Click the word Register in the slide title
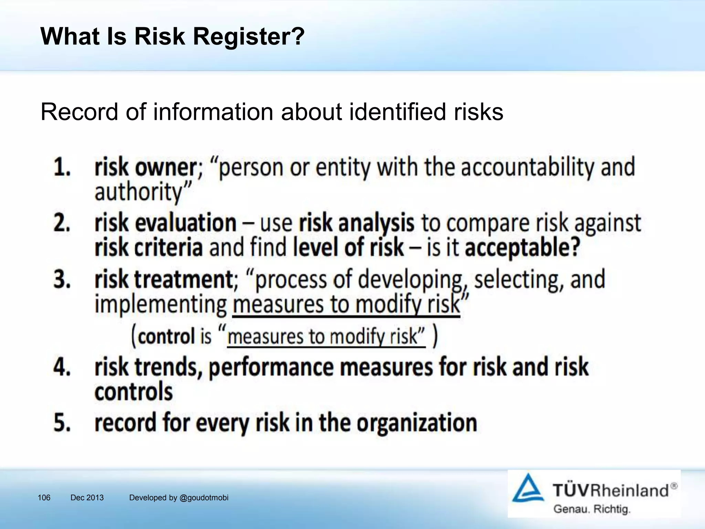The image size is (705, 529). [249, 37]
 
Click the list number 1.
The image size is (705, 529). [62, 167]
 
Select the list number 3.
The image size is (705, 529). [62, 279]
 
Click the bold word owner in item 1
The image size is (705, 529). [165, 167]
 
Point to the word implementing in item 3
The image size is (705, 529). [160, 304]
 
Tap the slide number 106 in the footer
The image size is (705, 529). [44, 498]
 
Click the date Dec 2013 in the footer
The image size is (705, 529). [87, 498]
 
